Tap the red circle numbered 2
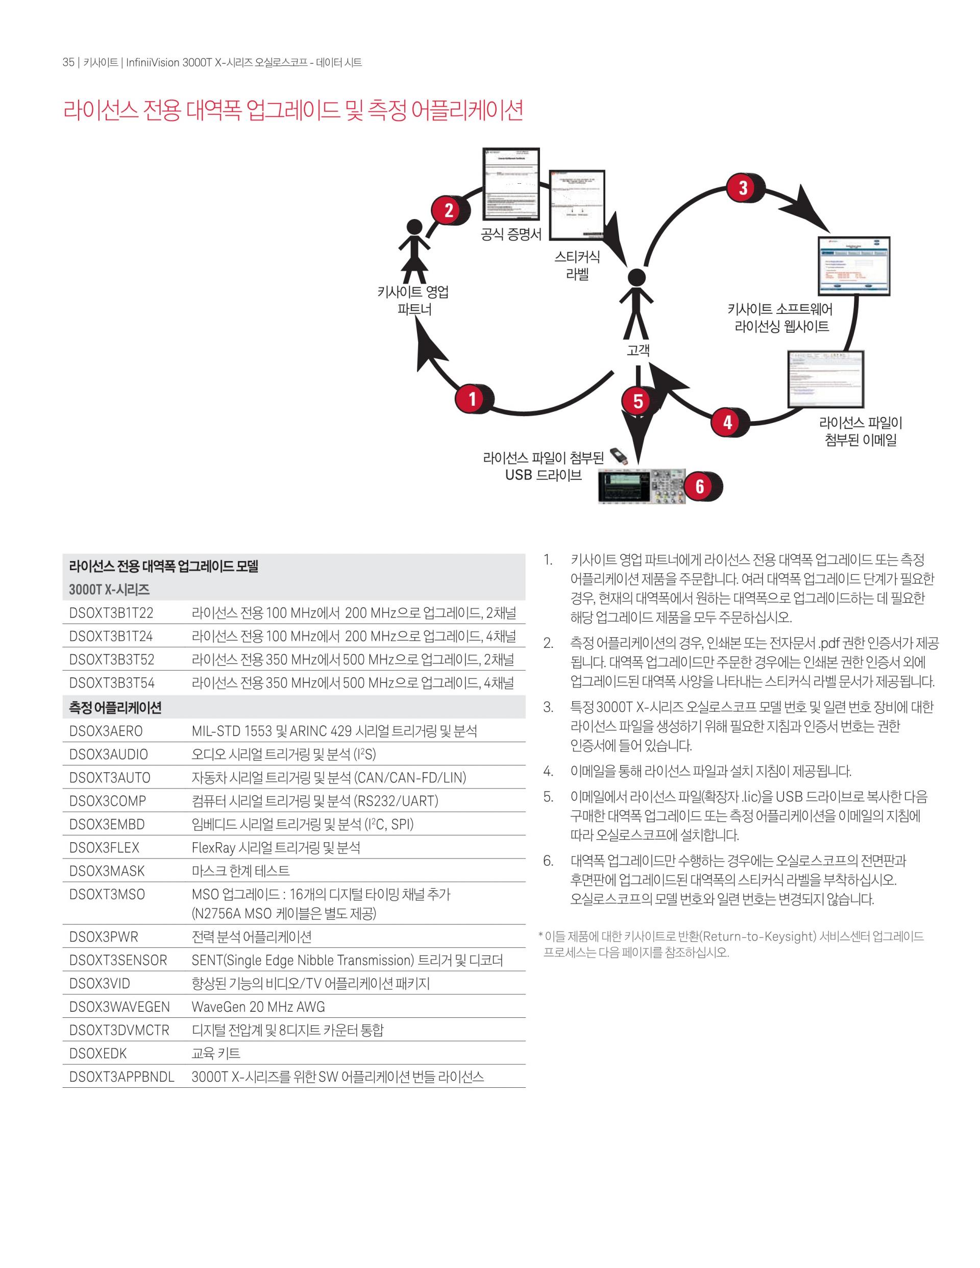point(448,210)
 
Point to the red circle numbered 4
point(727,422)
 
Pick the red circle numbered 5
point(638,401)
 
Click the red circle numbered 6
point(700,486)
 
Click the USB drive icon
point(620,456)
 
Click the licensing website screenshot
point(853,266)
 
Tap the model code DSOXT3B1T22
point(111,613)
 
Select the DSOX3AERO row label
point(106,731)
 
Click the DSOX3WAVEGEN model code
point(119,1007)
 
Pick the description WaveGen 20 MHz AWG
point(258,1007)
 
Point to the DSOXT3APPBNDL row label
point(121,1077)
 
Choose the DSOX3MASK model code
point(107,871)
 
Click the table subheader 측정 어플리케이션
point(115,707)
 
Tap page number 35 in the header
point(68,62)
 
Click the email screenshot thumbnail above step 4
point(825,380)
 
